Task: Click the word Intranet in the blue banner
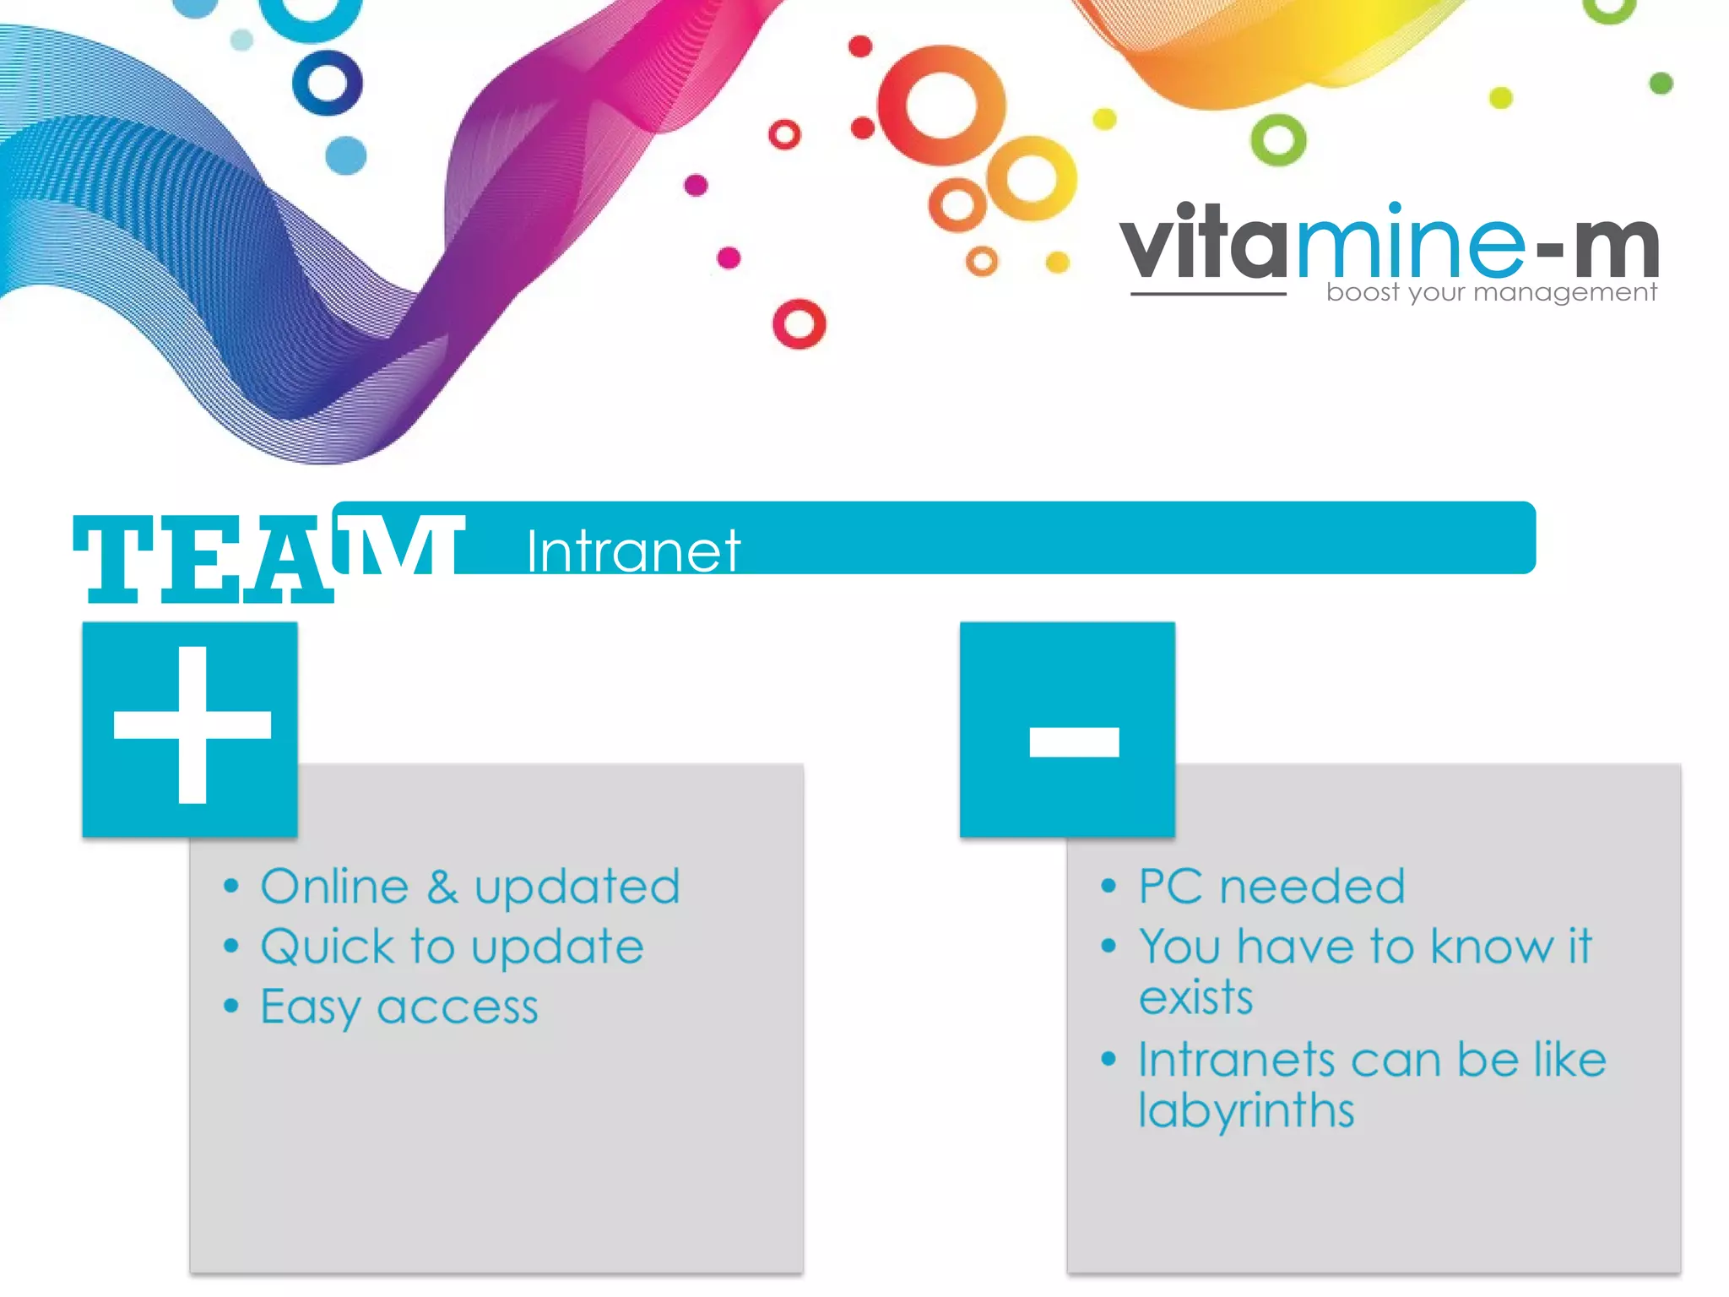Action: tap(633, 551)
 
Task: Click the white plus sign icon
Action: tap(192, 725)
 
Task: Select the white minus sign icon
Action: tap(1074, 741)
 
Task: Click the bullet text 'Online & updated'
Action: tap(469, 887)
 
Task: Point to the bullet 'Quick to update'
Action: tap(452, 947)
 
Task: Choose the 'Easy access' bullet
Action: tap(398, 1007)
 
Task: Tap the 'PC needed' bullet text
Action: tap(1271, 887)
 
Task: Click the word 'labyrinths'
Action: tap(1246, 1110)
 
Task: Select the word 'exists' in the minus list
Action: tap(1195, 998)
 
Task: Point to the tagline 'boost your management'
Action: tap(1491, 292)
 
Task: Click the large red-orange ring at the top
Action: tap(940, 106)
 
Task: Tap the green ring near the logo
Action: tap(1278, 139)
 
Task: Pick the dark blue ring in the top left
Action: tap(328, 83)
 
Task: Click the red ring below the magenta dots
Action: tap(799, 323)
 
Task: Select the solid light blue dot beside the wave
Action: tap(346, 155)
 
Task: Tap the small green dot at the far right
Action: tap(1661, 83)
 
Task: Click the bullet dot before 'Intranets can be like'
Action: tap(1108, 1059)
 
